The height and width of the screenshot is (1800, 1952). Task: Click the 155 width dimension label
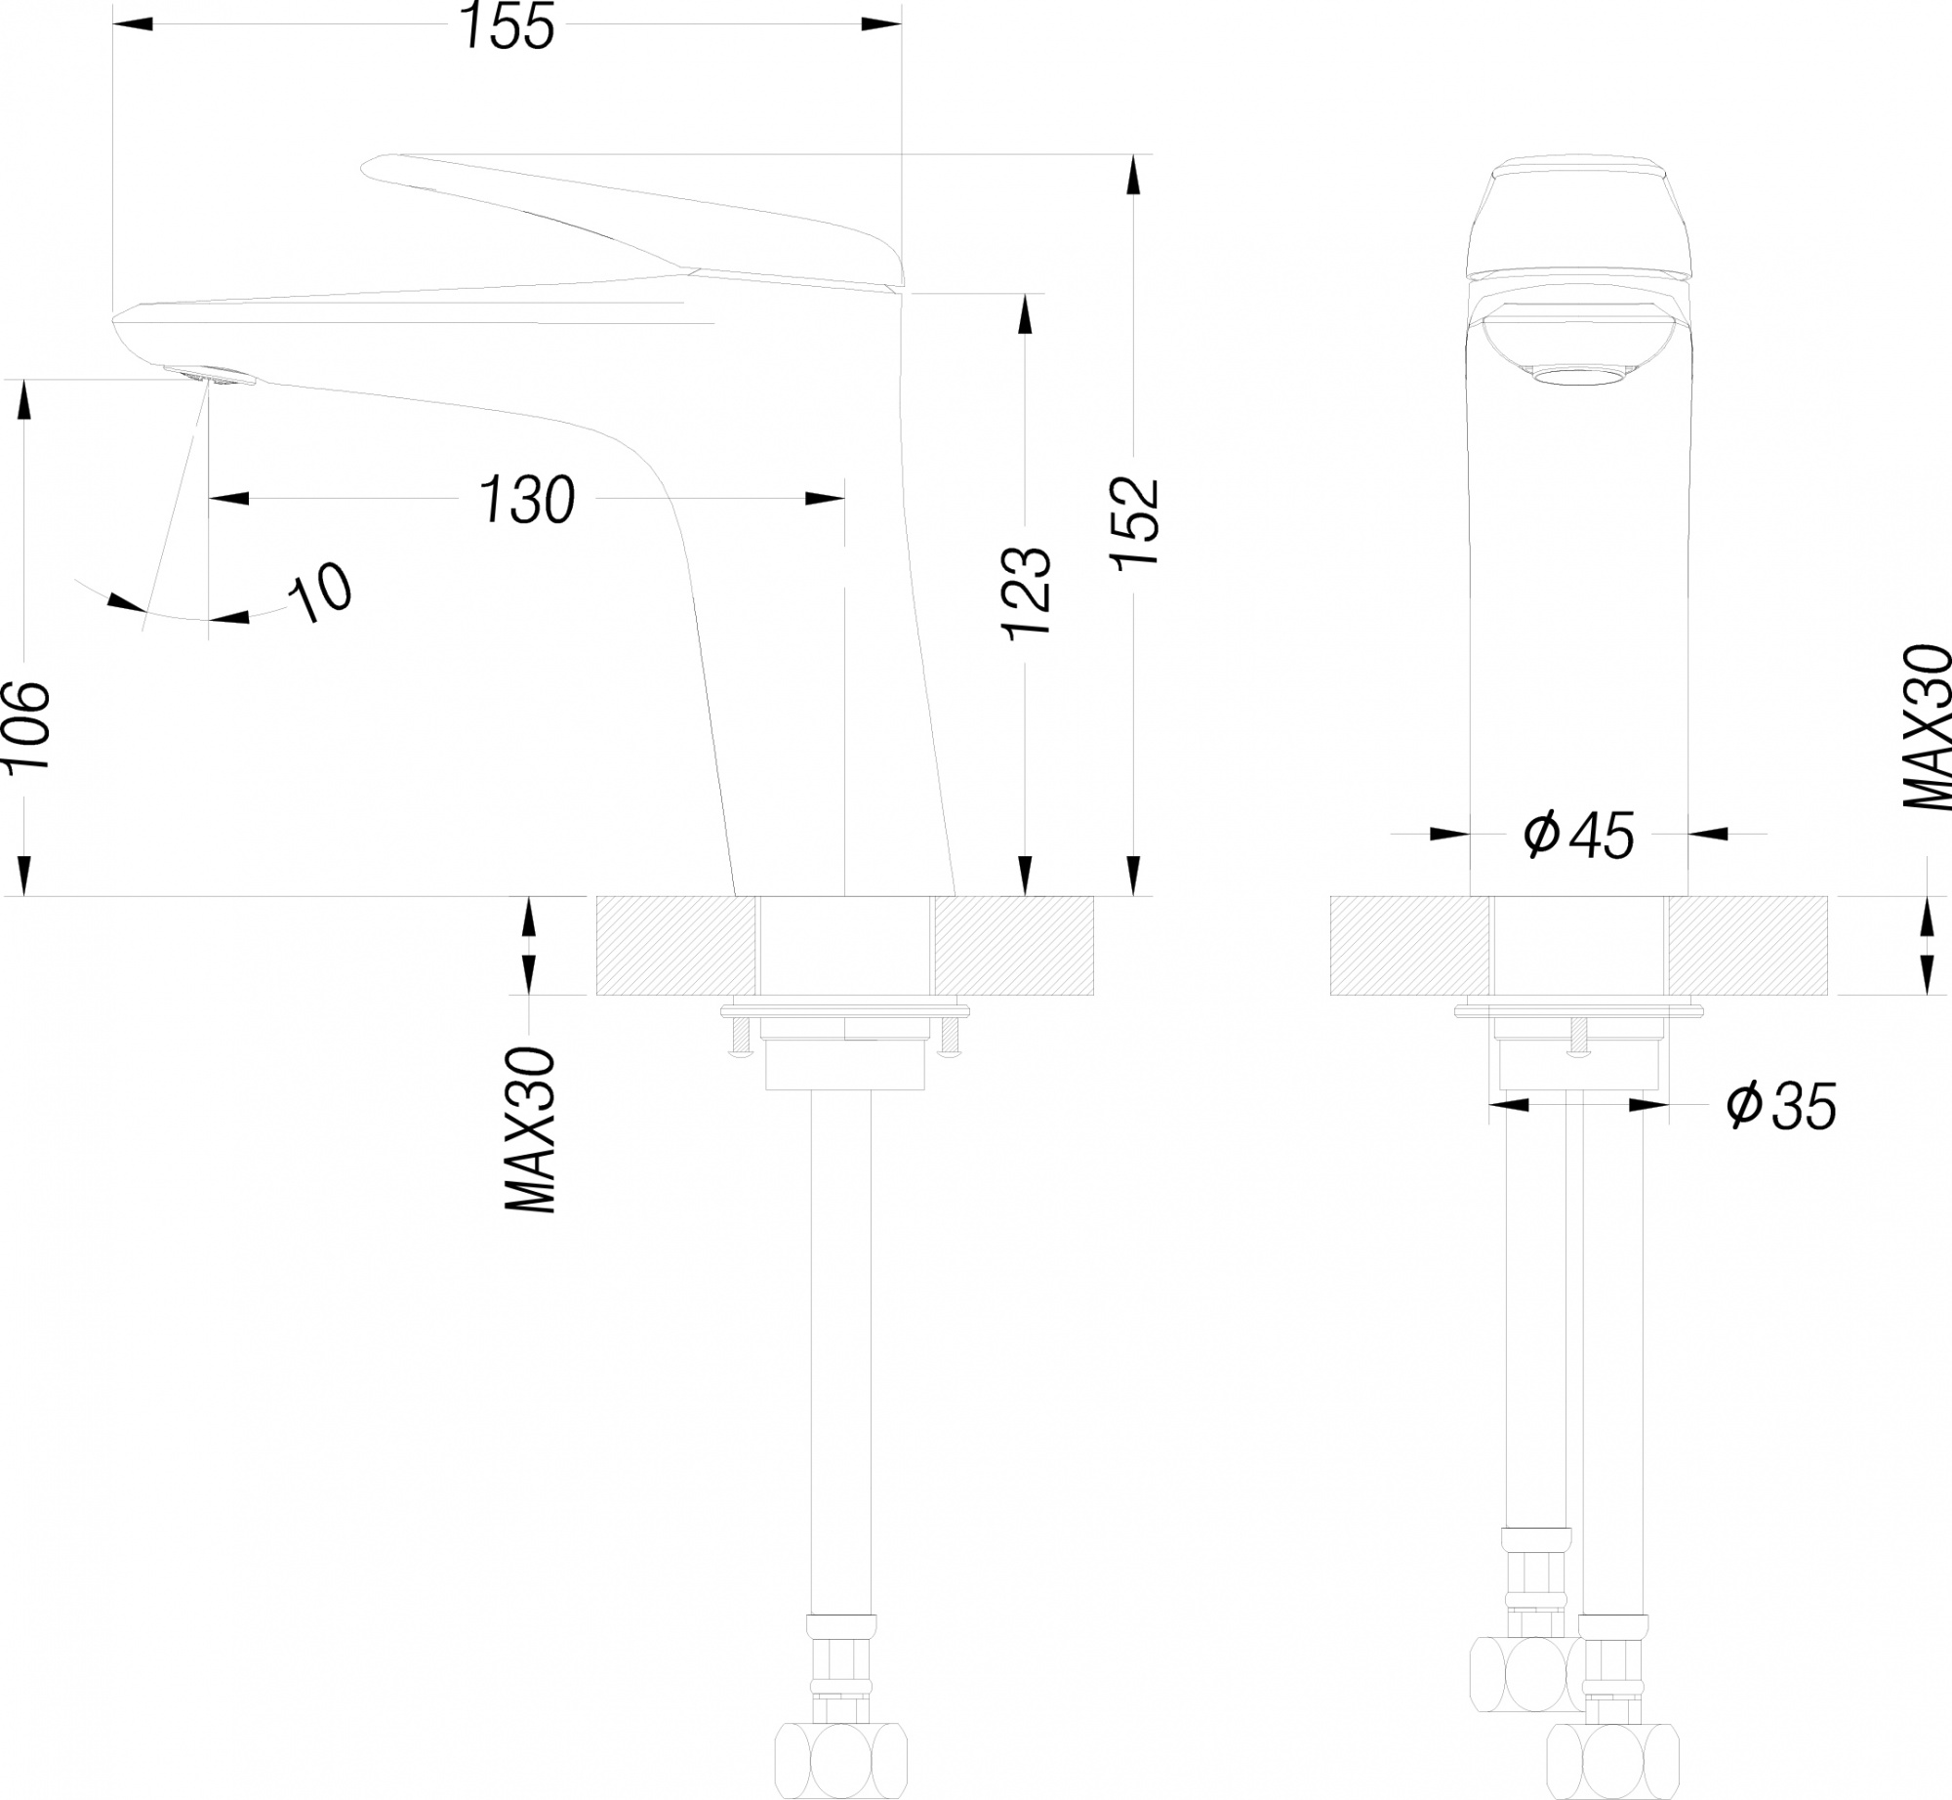coord(508,26)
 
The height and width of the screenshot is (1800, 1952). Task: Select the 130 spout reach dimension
coord(527,500)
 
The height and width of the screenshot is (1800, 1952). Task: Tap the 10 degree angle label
coord(322,593)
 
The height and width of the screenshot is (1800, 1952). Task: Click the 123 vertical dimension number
coord(1028,593)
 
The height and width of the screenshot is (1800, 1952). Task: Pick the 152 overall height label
coord(1135,521)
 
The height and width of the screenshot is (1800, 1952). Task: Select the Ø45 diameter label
coord(1578,835)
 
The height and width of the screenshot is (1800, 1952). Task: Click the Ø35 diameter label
coord(1781,1106)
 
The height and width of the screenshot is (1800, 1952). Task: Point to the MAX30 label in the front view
coord(1928,727)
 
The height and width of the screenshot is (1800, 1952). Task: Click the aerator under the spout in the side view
coord(209,376)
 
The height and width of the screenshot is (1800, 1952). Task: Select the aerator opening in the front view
coord(1578,377)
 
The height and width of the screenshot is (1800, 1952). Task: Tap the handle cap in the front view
coord(1578,215)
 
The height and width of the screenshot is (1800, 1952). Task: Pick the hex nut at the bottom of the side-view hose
coord(841,1764)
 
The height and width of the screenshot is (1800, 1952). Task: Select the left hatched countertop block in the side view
coord(676,946)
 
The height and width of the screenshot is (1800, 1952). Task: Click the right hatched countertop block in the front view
coord(1747,946)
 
